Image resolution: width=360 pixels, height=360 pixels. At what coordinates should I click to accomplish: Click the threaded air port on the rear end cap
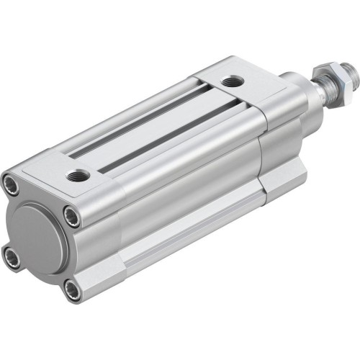[79, 174]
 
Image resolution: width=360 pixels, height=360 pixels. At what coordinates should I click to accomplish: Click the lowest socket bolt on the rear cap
[72, 289]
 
